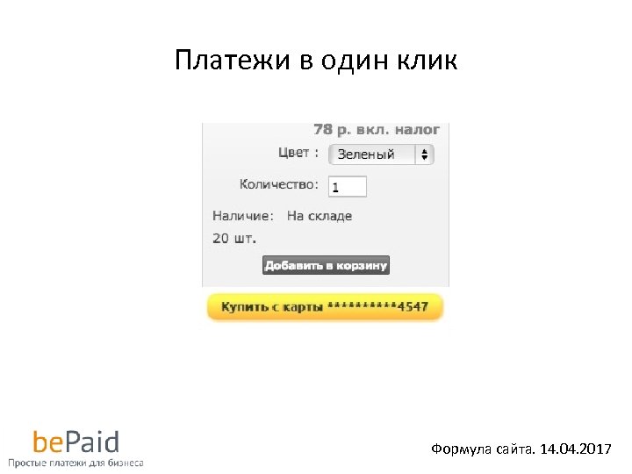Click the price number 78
[x=323, y=129]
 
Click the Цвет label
[x=293, y=153]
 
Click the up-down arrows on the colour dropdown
[x=425, y=154]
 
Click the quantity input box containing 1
[x=348, y=186]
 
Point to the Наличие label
[x=243, y=215]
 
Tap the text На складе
[x=320, y=215]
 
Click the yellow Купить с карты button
[x=325, y=307]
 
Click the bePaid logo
[x=75, y=441]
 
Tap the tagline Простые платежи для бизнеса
[x=75, y=462]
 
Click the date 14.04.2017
[x=574, y=449]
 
